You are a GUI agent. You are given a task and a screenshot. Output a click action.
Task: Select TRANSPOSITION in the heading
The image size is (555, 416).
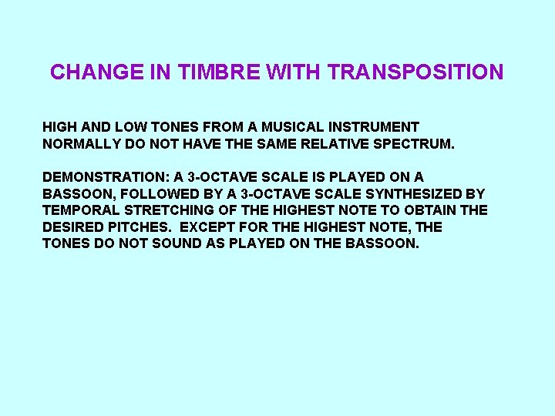click(415, 72)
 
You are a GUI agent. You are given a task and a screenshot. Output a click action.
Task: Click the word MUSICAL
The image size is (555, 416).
click(293, 126)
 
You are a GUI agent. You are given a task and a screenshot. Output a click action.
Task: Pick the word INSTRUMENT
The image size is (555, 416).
click(375, 126)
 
